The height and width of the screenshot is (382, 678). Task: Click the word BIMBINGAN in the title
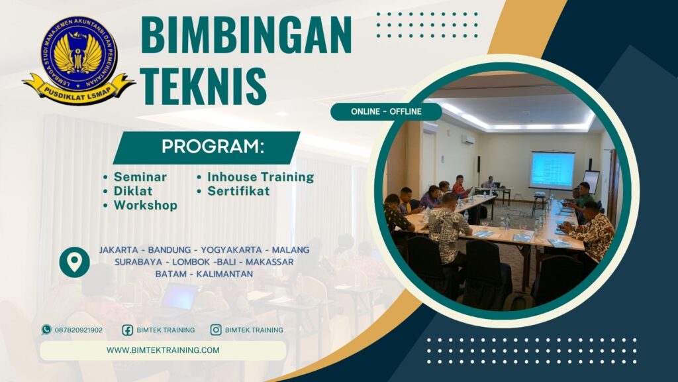tap(246, 34)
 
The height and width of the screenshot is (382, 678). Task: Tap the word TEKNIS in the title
tap(205, 86)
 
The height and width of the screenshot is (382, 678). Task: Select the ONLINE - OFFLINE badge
tap(386, 111)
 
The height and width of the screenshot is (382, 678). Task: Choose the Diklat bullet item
tap(132, 191)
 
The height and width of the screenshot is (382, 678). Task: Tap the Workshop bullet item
tap(145, 206)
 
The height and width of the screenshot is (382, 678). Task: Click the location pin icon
tap(74, 262)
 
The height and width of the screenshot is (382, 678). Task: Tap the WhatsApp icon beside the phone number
tap(46, 330)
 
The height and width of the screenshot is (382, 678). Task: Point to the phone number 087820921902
tap(79, 330)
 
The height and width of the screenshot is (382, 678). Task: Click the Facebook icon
tap(128, 330)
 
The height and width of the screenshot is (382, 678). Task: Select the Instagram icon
tap(216, 330)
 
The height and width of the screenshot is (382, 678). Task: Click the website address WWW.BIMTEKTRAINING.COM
tap(163, 350)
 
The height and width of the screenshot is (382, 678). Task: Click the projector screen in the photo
tap(552, 170)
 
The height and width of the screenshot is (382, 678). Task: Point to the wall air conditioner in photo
tap(468, 140)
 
